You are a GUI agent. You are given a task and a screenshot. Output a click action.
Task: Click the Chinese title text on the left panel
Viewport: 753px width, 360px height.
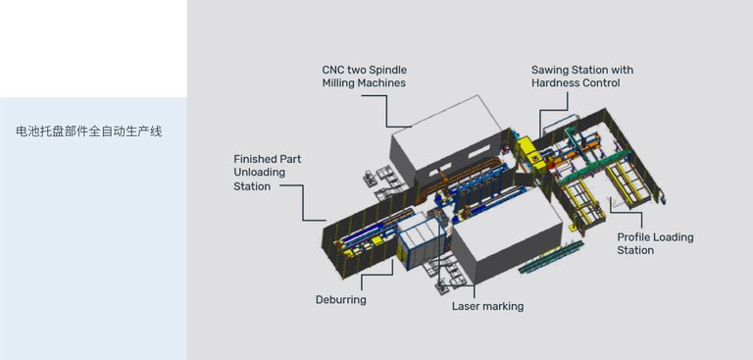point(89,131)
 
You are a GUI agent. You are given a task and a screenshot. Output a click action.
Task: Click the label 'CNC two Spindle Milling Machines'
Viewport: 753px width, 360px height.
point(365,77)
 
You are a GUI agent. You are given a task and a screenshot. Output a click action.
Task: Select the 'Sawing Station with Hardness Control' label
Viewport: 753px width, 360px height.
point(582,77)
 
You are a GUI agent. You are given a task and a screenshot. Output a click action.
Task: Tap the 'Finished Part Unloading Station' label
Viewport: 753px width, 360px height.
point(268,172)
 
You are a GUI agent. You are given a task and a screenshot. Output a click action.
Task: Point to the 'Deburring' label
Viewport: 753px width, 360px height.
point(341,300)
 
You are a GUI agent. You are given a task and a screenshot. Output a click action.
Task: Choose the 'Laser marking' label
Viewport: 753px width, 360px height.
point(487,306)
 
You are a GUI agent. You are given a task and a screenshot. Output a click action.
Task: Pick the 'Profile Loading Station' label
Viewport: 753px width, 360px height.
point(655,243)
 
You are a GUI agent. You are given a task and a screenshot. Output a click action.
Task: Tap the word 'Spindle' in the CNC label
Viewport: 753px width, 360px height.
point(388,71)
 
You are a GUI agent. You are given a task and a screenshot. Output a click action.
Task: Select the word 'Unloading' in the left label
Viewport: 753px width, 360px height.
point(259,172)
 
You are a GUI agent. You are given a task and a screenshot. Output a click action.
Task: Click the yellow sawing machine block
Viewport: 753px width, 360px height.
point(531,154)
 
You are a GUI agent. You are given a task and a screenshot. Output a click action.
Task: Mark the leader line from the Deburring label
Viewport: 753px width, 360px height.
point(377,275)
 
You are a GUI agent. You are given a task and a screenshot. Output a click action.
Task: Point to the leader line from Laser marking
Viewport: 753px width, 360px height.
point(456,286)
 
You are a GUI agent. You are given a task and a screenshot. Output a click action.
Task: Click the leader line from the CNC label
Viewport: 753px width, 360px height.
point(386,111)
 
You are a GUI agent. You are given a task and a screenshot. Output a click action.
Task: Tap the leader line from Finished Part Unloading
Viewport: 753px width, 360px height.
point(303,203)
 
